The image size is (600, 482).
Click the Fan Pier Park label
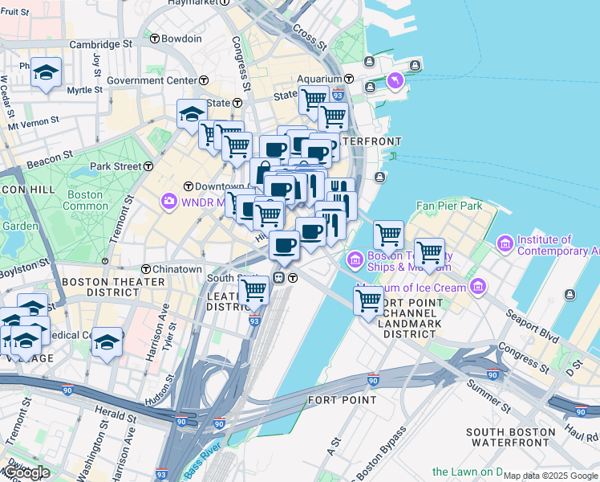pos(449,206)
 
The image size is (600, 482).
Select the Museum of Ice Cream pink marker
pos(478,286)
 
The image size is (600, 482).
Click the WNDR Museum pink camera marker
pos(168,200)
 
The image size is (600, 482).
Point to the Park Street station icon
pos(148,166)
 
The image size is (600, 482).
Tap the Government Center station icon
pos(204,80)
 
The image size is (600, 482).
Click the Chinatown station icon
pos(147,269)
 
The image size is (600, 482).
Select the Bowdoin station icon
pos(152,38)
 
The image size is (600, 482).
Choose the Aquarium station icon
pos(351,79)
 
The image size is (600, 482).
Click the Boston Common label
pos(86,200)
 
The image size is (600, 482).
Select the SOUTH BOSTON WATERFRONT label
pos(509,437)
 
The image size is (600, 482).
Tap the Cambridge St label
pos(100,44)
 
